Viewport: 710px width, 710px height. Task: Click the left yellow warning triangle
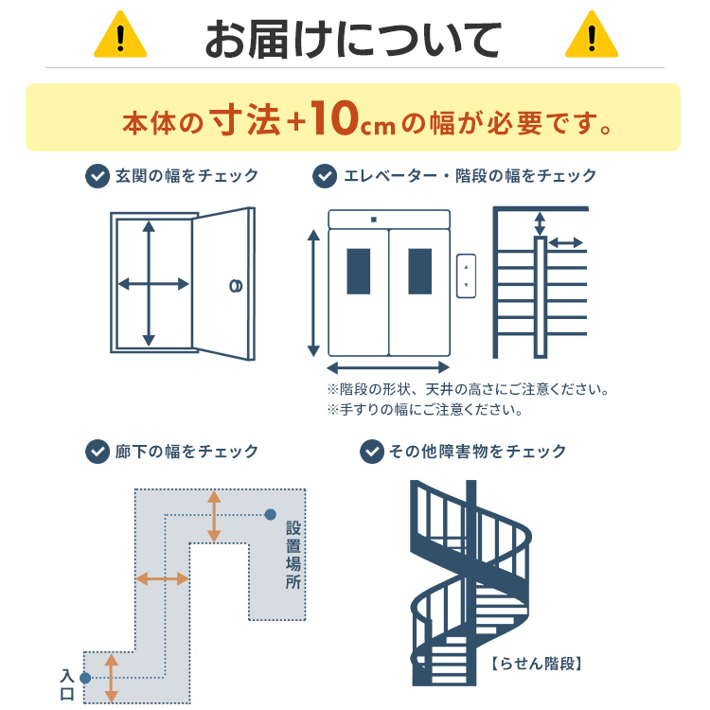pos(119,36)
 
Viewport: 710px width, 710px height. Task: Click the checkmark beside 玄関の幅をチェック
pos(97,176)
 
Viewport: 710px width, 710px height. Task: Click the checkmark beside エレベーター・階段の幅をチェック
pos(325,176)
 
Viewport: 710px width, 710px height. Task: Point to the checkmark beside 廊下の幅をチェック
pos(97,452)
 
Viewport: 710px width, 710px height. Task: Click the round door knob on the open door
pos(235,285)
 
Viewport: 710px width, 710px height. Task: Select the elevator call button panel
pos(466,275)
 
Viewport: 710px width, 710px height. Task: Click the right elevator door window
pos(419,272)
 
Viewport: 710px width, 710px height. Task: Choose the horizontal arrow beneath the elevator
pos(388,367)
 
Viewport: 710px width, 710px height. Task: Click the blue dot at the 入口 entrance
pos(85,678)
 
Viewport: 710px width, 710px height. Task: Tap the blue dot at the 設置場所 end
pos(271,515)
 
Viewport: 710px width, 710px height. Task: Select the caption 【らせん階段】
pos(537,664)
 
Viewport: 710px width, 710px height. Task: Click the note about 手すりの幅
pos(425,411)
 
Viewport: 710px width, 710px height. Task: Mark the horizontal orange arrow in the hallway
pos(162,578)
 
